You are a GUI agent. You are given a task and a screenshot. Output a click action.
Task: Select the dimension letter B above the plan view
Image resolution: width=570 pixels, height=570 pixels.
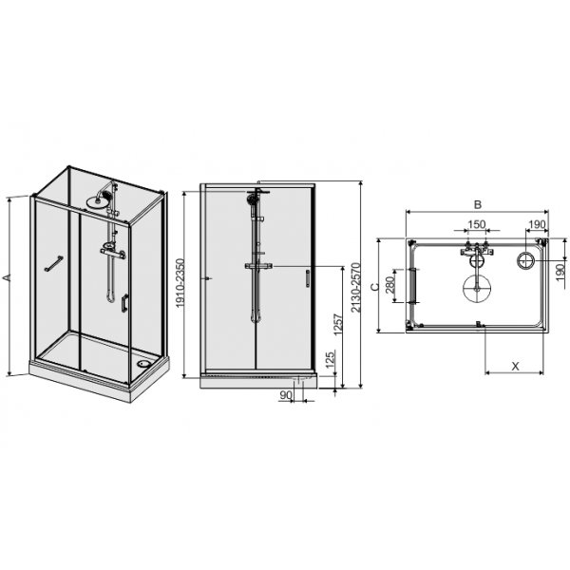pyautogui.click(x=478, y=204)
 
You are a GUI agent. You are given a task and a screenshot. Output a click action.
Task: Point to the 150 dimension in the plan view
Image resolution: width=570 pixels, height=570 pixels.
pyautogui.click(x=475, y=225)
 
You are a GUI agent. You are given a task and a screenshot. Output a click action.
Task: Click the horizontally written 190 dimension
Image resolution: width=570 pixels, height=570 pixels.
pyautogui.click(x=537, y=225)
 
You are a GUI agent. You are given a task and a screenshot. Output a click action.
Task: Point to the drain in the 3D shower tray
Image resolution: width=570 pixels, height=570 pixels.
pyautogui.click(x=142, y=360)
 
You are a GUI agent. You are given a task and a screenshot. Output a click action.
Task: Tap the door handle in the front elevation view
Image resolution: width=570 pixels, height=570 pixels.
pyautogui.click(x=306, y=278)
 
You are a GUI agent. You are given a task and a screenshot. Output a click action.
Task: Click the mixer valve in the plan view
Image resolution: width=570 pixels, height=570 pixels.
pyautogui.click(x=475, y=254)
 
